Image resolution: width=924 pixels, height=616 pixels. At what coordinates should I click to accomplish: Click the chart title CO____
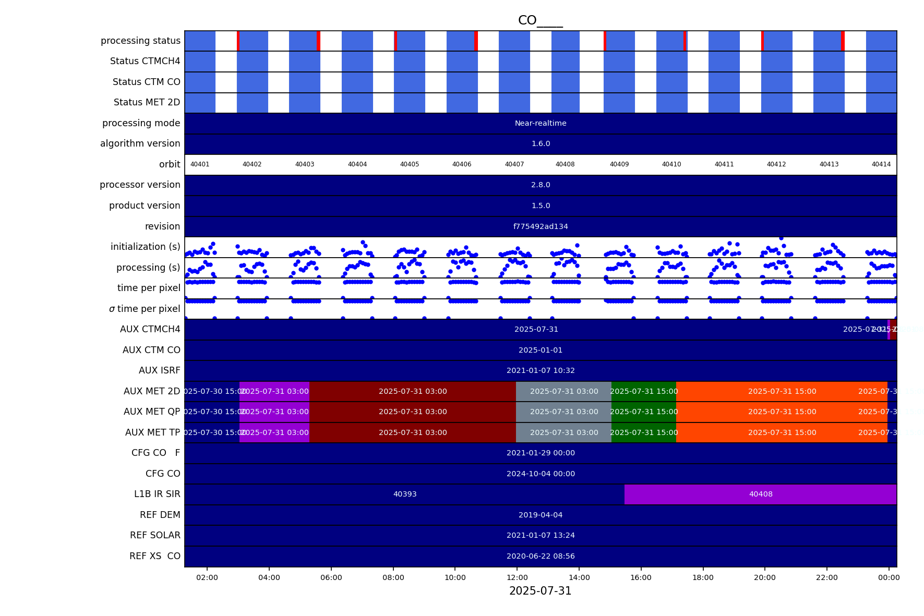(x=540, y=20)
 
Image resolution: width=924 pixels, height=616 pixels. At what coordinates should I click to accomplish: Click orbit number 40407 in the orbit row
(x=514, y=164)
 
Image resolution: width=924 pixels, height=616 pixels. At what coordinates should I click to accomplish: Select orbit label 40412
(x=776, y=164)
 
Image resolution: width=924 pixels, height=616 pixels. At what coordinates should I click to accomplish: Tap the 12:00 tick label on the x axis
(x=517, y=577)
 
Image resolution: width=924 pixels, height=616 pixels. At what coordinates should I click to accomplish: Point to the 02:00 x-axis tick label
(x=207, y=577)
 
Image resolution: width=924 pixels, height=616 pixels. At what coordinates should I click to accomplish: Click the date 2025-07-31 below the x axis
(x=540, y=591)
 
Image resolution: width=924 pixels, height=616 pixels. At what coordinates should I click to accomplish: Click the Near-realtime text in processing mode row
(x=541, y=123)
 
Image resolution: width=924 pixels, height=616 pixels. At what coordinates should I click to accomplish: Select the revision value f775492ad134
(x=541, y=226)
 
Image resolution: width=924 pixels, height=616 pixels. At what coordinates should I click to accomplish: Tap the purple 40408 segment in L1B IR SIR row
(x=760, y=494)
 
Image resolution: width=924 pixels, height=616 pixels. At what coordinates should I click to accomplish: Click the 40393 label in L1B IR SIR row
(x=405, y=494)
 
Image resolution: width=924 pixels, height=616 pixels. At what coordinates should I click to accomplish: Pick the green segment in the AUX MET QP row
(x=643, y=412)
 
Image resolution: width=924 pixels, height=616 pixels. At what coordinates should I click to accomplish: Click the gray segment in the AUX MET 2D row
(x=563, y=391)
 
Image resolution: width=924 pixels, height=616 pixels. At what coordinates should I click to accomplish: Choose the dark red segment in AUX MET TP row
(x=412, y=432)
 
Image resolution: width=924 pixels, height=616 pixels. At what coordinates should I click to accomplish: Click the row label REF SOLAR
(x=155, y=535)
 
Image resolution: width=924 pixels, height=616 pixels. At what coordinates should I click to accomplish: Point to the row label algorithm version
(x=140, y=143)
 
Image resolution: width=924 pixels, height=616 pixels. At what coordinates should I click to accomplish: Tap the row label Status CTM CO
(x=146, y=82)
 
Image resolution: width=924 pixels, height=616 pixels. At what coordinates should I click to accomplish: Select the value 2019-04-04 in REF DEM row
(x=541, y=515)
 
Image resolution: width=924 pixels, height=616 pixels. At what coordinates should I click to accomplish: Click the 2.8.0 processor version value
(x=541, y=185)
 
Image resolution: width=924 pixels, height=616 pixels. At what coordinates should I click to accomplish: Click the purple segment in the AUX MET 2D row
(x=274, y=391)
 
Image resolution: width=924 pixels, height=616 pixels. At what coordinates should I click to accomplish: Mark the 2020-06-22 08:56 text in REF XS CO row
(x=541, y=556)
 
